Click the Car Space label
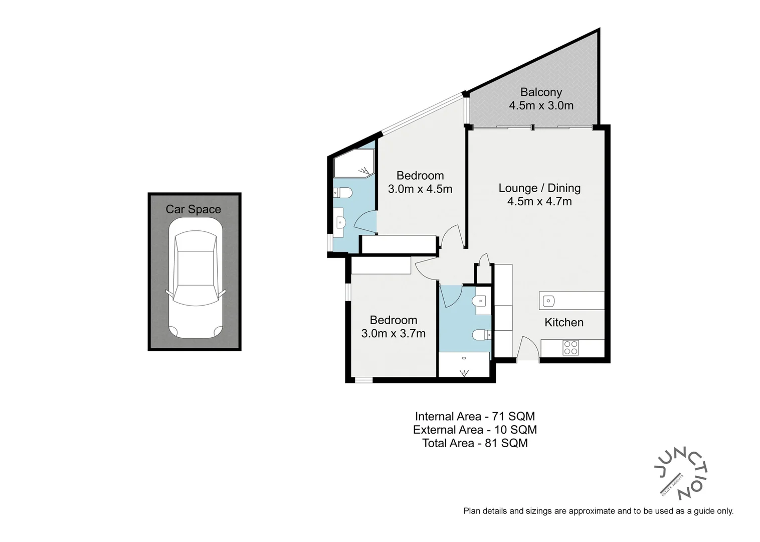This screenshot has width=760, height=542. point(193,209)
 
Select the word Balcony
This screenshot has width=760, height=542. point(541,92)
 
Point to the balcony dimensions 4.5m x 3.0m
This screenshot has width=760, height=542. point(541,106)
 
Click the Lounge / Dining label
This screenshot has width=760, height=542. point(539,188)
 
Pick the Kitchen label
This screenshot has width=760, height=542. point(564,323)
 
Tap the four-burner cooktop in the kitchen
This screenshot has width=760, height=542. point(571,348)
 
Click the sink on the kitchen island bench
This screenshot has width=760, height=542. point(549,302)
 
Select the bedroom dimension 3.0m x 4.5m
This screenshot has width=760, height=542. point(420,189)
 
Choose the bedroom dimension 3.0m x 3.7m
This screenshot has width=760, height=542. point(394,334)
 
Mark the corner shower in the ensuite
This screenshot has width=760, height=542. point(353,164)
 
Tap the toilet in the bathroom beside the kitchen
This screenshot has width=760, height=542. point(481,334)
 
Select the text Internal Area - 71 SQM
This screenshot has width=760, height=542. point(475,417)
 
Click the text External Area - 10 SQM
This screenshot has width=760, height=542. point(475,430)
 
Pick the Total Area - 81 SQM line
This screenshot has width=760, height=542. point(475,443)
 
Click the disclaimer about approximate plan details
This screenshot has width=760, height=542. point(598,511)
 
